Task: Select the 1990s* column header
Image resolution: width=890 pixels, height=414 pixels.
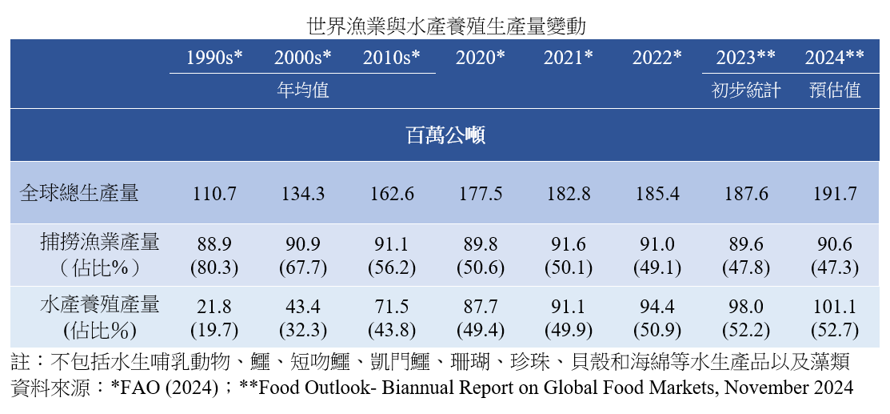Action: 214,57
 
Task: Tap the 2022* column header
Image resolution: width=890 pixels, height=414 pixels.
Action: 657,57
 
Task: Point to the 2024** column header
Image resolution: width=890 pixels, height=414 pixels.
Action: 833,57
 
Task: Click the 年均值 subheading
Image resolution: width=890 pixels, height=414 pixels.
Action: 303,90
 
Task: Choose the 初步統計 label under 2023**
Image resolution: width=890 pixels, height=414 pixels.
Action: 745,90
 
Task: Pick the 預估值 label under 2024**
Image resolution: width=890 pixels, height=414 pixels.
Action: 833,90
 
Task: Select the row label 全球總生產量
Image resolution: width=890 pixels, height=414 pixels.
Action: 80,193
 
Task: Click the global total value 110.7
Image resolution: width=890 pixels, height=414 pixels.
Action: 214,194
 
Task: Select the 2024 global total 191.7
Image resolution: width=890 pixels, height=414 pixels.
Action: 833,194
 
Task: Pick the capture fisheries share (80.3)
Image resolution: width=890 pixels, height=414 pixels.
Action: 214,267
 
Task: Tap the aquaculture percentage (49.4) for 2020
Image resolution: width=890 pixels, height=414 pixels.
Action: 480,330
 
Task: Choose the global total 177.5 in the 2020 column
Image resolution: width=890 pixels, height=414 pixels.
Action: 480,194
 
